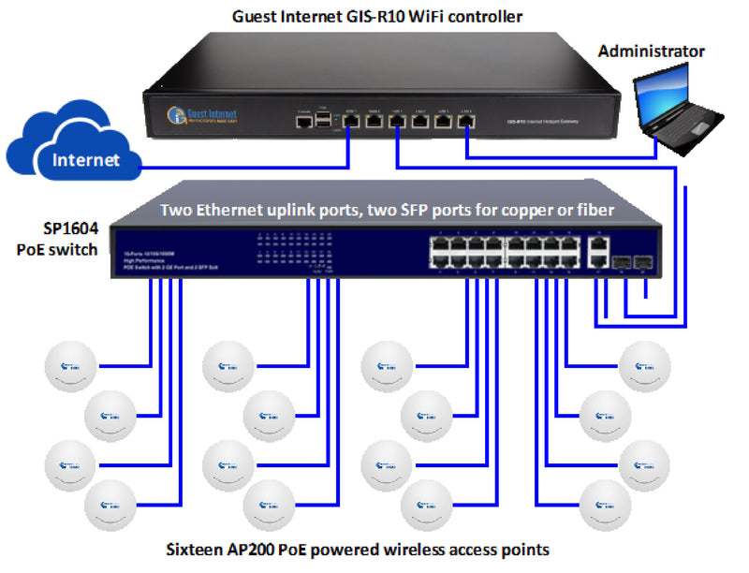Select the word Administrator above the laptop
(x=652, y=51)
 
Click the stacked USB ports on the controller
(x=324, y=121)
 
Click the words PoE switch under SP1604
(x=57, y=249)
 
